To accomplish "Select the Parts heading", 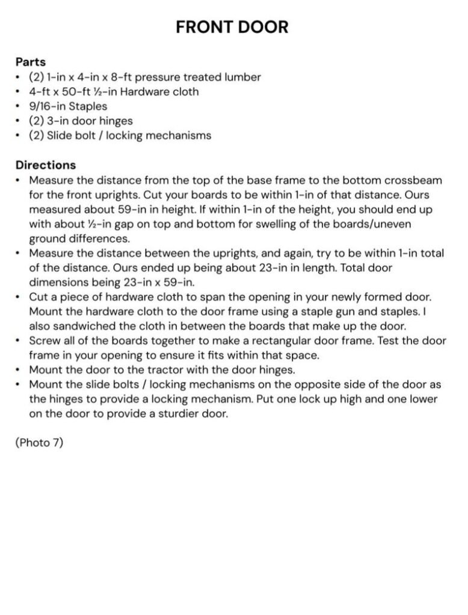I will tap(31, 62).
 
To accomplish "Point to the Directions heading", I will tap(46, 165).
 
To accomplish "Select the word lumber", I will tap(241, 77).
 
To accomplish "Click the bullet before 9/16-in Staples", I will tap(19, 107).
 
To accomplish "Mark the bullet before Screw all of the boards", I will tap(19, 341).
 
